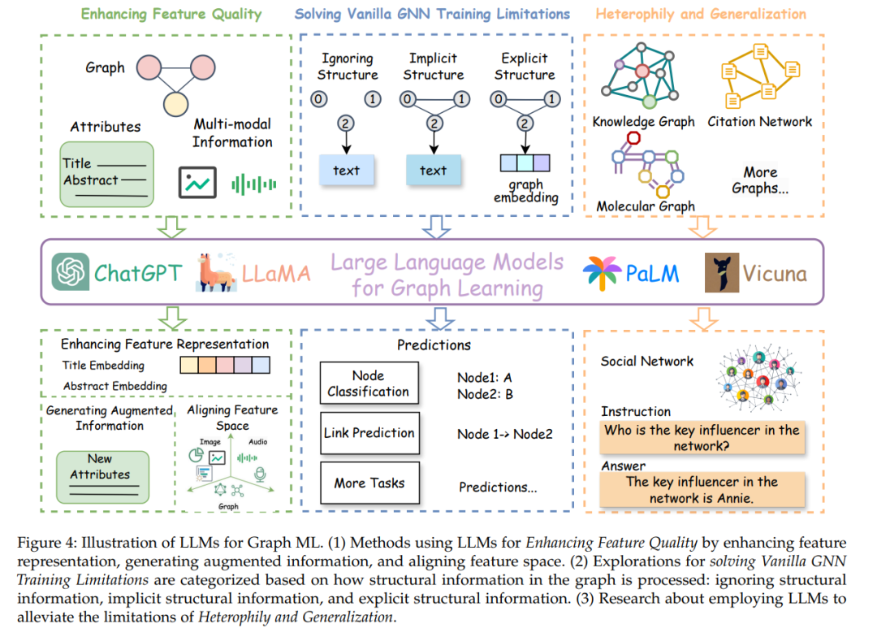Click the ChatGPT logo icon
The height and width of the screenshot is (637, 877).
(x=71, y=271)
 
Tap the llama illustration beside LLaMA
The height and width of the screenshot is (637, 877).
(x=216, y=272)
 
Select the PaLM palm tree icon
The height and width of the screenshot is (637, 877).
(x=601, y=273)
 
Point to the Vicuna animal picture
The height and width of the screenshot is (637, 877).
(x=722, y=273)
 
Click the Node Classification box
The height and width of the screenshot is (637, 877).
(x=369, y=383)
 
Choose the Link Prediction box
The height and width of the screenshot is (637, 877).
(x=369, y=433)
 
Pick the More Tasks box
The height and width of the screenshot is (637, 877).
(x=369, y=483)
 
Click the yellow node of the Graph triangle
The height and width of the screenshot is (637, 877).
(x=175, y=103)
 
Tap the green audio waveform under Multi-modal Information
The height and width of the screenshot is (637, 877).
(x=254, y=184)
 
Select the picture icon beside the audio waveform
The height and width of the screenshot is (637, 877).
(x=197, y=183)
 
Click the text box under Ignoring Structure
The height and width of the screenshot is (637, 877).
(x=346, y=170)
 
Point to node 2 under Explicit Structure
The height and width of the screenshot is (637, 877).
(x=524, y=123)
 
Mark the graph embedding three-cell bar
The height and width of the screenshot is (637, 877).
(x=525, y=162)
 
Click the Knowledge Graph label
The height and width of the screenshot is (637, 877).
(x=643, y=121)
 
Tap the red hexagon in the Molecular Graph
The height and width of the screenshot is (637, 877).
(x=633, y=137)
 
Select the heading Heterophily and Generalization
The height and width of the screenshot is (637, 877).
(x=701, y=14)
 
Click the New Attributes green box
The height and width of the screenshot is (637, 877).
(x=103, y=477)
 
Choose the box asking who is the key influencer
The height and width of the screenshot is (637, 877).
(x=702, y=438)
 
